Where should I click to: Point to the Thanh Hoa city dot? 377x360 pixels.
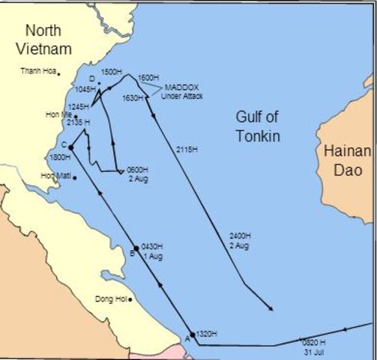(60, 73)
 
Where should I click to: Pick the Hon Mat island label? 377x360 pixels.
(55, 176)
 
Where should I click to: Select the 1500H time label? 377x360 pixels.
(110, 71)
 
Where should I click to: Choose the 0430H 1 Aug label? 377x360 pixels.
(151, 253)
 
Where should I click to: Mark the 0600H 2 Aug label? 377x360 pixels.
(137, 173)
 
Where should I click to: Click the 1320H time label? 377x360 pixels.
(207, 334)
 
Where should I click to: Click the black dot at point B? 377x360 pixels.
(136, 248)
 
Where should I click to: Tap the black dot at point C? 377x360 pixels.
(70, 148)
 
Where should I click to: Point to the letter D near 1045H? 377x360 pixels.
(91, 79)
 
